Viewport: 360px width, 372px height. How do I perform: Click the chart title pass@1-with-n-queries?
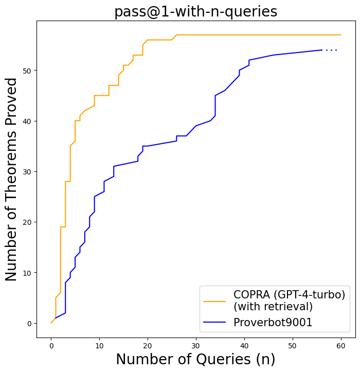click(x=195, y=11)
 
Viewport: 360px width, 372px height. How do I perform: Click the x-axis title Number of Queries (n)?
click(x=195, y=359)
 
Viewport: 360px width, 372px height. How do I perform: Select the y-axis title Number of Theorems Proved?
click(x=11, y=179)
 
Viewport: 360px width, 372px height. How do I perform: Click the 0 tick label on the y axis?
click(x=29, y=323)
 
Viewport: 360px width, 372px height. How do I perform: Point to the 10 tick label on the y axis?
click(x=27, y=273)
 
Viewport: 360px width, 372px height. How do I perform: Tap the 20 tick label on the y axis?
click(x=27, y=222)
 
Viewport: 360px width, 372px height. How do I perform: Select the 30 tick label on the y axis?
click(x=27, y=172)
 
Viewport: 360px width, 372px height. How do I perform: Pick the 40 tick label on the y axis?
click(x=27, y=121)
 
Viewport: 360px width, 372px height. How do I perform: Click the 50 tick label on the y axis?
click(x=27, y=70)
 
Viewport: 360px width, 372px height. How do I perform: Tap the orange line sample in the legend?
click(x=214, y=301)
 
